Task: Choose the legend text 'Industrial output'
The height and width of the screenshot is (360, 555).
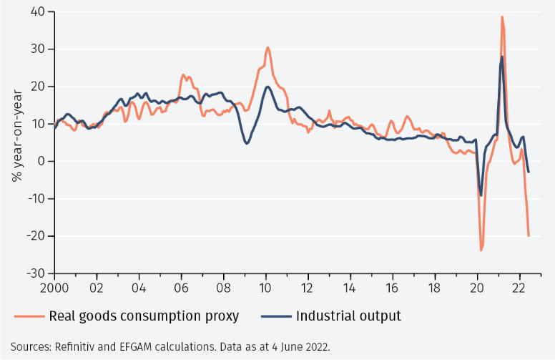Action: (x=348, y=316)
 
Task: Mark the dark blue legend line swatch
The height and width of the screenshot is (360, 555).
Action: (x=275, y=316)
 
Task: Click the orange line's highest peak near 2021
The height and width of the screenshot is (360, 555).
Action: (x=502, y=17)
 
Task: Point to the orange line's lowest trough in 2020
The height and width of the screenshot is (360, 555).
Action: (x=481, y=250)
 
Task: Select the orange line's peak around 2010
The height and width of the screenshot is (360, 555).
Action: (x=267, y=48)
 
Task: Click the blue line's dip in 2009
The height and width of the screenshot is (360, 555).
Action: (x=247, y=143)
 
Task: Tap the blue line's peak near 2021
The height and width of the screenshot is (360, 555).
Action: (x=502, y=57)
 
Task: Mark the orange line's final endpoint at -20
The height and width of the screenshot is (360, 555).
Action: (x=529, y=235)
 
